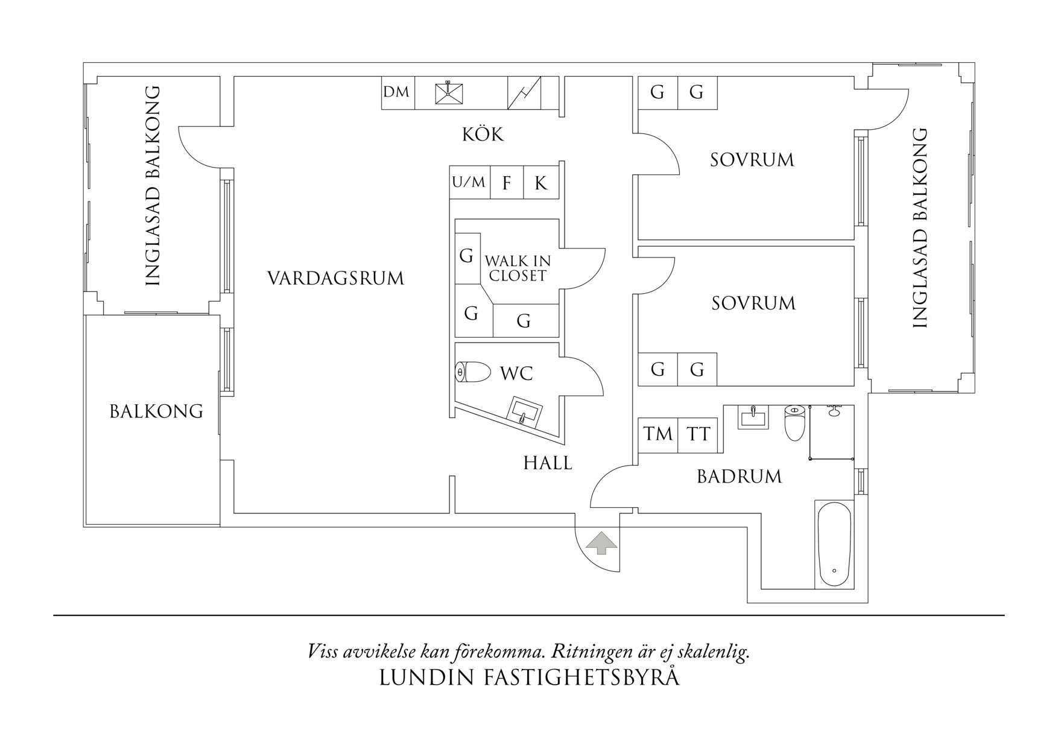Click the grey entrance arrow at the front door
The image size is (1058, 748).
coord(601,543)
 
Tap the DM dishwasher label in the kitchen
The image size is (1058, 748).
coord(396,92)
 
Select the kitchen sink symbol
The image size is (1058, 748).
coord(449,93)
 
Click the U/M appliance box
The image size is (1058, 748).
coord(469,182)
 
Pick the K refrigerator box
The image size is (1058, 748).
coord(541,183)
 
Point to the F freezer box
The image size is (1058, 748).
coord(507,183)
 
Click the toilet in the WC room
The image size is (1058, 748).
coord(473,372)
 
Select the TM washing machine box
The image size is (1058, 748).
coord(657,434)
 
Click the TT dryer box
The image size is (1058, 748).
coord(698,434)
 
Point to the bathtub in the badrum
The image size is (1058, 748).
coord(834,544)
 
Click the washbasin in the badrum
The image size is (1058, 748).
coord(753,416)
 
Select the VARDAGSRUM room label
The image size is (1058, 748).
coord(335,279)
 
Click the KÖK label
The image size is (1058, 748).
coord(483,134)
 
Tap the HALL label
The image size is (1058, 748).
coord(548,463)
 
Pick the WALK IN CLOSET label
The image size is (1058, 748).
coord(518,268)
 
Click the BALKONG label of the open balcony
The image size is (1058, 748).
coord(156,411)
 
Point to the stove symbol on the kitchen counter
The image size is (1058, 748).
coord(524,93)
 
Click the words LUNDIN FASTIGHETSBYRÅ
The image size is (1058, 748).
coord(529,677)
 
